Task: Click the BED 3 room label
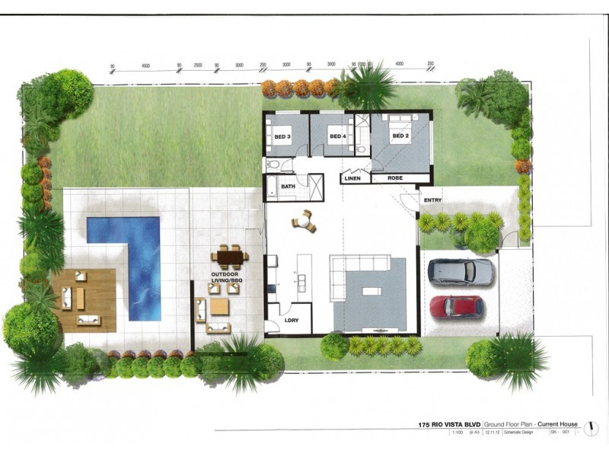pos(283,137)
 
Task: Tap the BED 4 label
pos(337,137)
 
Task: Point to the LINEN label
pos(352,178)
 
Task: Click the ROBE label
pos(395,178)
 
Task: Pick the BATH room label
pos(288,187)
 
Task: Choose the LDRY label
pos(292,320)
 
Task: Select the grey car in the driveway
pos(460,270)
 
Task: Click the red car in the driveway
pos(457,306)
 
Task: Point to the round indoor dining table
pos(303,222)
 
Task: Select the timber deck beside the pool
pos(84,299)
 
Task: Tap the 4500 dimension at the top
pos(145,66)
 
